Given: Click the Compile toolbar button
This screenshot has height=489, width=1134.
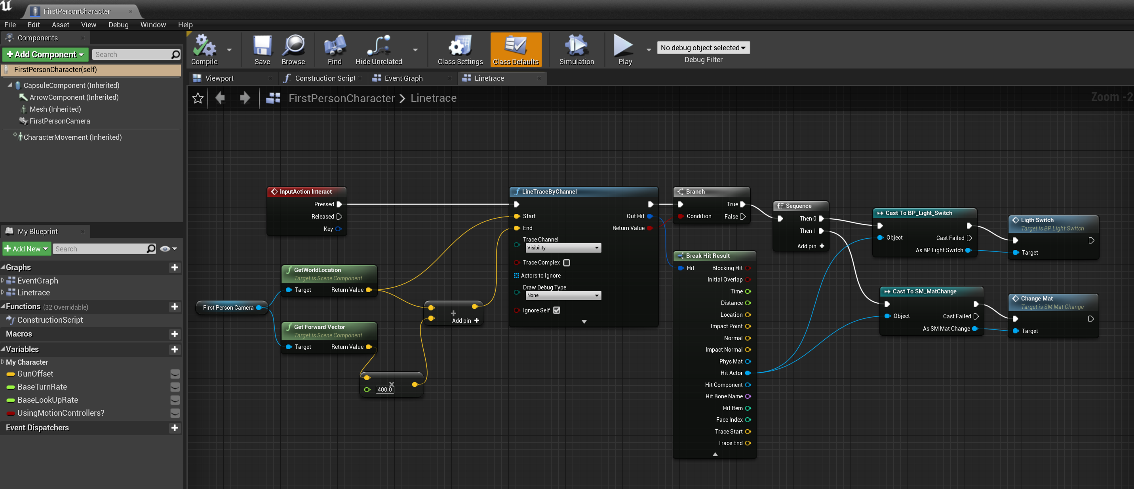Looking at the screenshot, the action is (204, 50).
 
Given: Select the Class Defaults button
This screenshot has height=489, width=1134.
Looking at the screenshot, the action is (516, 50).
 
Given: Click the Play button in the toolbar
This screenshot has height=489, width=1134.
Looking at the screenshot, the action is (625, 50).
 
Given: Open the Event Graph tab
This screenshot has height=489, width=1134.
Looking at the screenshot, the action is (403, 78).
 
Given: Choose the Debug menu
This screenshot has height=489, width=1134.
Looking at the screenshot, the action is (118, 25).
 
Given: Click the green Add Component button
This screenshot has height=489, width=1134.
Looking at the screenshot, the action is (45, 55).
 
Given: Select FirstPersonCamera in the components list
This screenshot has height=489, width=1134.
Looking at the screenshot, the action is (59, 121).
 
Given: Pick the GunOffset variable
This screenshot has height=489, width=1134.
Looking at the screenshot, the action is (35, 374).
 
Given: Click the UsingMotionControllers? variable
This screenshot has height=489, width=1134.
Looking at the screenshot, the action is (61, 413).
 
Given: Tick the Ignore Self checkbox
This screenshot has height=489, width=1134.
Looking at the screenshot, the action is (556, 310).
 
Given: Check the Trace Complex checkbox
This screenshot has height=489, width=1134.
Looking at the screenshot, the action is (567, 263).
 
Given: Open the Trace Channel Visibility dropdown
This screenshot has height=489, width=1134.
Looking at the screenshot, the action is (563, 248).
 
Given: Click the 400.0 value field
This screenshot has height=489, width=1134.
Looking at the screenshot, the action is (384, 390).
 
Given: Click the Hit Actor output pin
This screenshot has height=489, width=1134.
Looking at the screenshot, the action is (748, 373).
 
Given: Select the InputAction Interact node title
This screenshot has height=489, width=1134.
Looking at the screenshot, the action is (306, 192).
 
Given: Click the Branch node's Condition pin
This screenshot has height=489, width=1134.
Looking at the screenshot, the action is (681, 216).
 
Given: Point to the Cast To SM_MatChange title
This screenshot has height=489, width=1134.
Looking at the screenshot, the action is (924, 291).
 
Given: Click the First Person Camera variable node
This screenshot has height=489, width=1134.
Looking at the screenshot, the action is (228, 308).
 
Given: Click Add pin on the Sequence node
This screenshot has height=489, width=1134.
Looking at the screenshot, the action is (811, 246).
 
